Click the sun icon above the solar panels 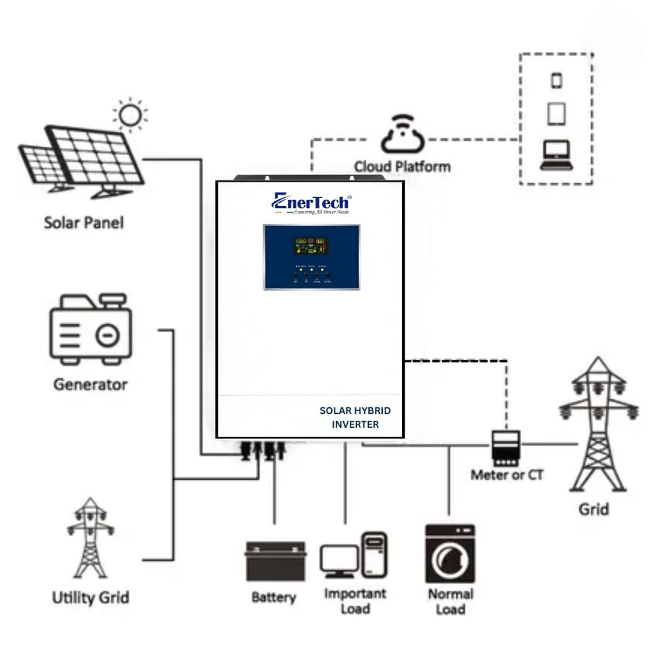131,116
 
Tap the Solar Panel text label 83,222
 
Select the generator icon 90,331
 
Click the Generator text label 90,384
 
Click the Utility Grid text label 90,598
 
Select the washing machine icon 449,553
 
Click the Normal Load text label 450,601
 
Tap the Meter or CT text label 507,475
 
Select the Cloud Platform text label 402,166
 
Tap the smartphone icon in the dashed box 556,81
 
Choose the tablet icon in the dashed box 556,114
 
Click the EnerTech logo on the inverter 311,203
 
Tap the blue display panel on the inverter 312,257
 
